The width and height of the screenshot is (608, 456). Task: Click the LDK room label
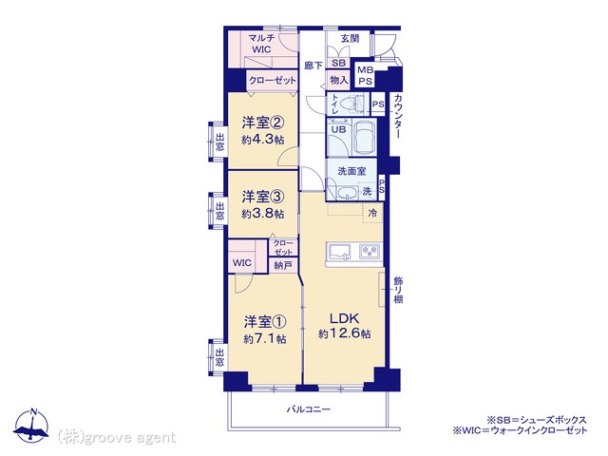point(344,318)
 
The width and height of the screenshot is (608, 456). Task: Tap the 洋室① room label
point(265,321)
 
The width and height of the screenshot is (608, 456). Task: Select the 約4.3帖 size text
point(263,140)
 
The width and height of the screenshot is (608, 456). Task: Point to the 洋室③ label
point(263,197)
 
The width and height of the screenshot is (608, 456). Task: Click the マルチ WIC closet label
point(262,44)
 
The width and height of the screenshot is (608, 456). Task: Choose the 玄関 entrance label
point(351,38)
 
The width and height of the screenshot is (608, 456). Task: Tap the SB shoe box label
point(338,63)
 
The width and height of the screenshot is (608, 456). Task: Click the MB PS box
point(365,76)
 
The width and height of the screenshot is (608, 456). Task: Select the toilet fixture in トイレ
point(354,104)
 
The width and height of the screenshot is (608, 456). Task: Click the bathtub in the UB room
point(364,138)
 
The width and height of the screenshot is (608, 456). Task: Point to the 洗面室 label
point(351,171)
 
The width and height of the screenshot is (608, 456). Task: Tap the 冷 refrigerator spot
point(372,213)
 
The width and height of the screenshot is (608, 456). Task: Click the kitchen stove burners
point(370,251)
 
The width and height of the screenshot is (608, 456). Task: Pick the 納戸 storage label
point(283,266)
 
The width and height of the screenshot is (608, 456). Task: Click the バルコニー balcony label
point(309,409)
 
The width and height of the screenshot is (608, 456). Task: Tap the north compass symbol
point(32,425)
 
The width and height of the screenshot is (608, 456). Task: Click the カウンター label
point(397,116)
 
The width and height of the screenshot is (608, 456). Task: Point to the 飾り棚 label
point(398,290)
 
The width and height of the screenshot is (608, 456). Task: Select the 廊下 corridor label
point(313,66)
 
